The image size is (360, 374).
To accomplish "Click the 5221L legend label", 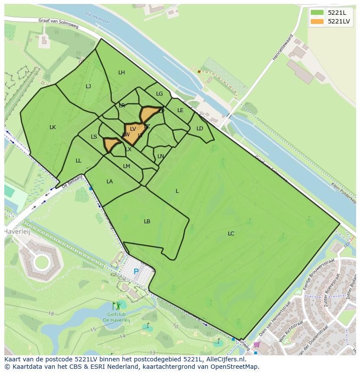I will (337, 13).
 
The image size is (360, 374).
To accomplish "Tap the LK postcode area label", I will (53, 127).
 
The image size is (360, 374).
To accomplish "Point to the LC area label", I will (231, 234).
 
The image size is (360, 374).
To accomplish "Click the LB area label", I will (147, 222).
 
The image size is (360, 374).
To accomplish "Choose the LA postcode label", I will (110, 182).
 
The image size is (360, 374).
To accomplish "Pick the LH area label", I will (121, 73).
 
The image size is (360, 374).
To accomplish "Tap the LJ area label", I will (88, 86).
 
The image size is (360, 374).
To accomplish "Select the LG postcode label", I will (159, 94).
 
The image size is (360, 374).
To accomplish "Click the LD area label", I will (200, 129).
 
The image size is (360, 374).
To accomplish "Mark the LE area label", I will (180, 110).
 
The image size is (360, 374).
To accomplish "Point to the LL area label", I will (78, 161).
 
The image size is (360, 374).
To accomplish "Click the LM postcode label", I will (127, 166).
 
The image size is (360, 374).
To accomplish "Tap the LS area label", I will (94, 137).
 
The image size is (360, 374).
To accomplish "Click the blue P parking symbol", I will (136, 272).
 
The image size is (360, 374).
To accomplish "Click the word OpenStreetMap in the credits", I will (236, 367).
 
